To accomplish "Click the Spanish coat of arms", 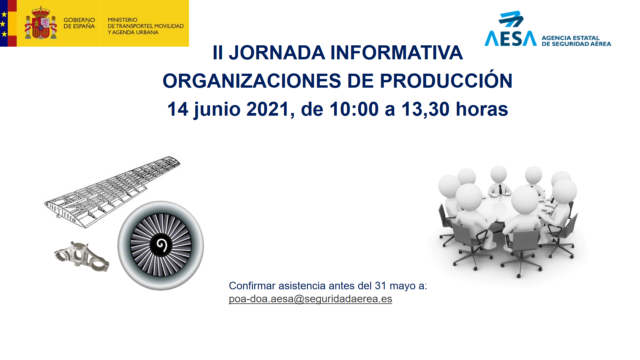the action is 41,23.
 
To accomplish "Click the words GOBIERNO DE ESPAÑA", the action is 79,23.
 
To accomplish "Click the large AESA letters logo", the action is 510,38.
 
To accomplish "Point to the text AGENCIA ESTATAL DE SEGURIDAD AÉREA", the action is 576,41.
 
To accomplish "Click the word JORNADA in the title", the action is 277,53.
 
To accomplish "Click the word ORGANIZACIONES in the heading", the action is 252,81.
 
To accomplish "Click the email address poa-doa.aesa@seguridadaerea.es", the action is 310,299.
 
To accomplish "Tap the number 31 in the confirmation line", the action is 380,286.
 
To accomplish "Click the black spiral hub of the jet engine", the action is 161,245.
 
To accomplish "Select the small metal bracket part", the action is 82,256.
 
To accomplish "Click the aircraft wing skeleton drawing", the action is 112,192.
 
